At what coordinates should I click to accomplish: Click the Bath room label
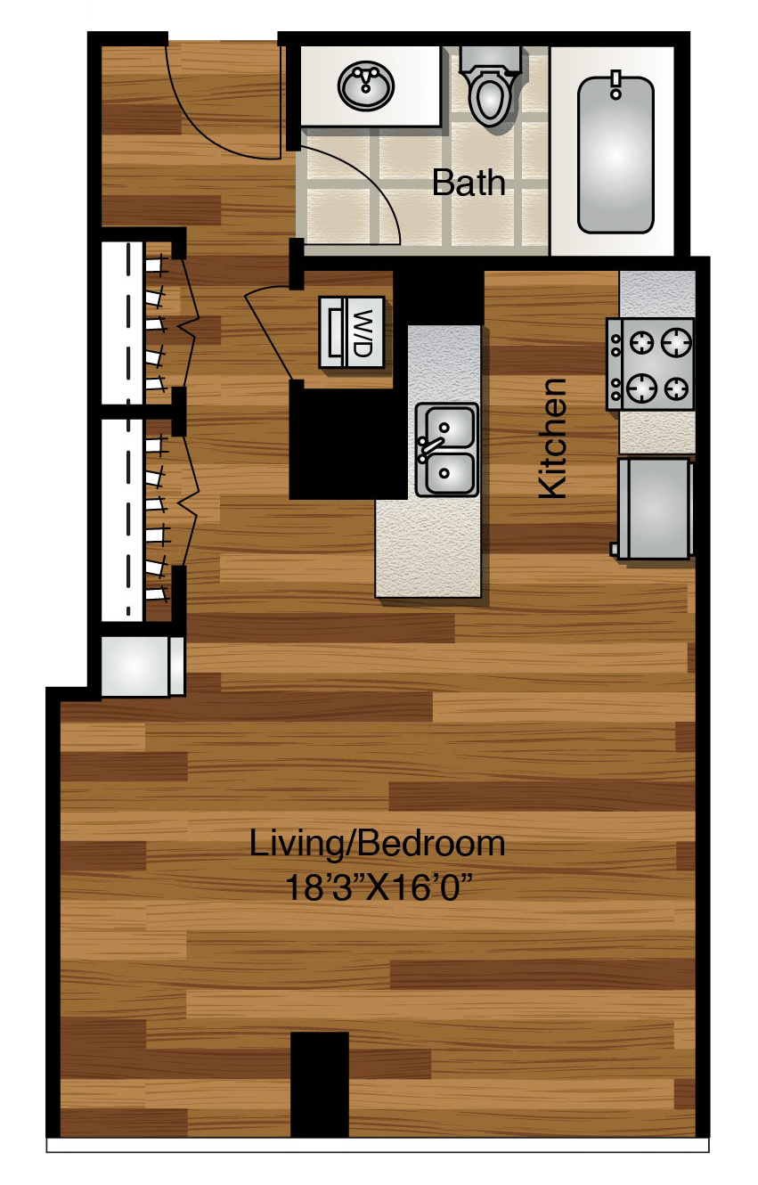point(469,183)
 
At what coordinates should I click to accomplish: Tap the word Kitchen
point(552,437)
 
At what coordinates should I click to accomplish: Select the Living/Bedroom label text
point(377,843)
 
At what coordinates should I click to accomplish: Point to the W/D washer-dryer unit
point(352,332)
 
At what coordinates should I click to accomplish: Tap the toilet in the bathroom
point(491,88)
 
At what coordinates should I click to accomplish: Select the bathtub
point(615,154)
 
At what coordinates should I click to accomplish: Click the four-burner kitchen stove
point(650,364)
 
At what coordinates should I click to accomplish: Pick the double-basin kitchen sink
point(447,450)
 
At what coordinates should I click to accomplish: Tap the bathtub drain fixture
point(615,85)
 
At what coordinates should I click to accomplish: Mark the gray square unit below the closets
point(143,666)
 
